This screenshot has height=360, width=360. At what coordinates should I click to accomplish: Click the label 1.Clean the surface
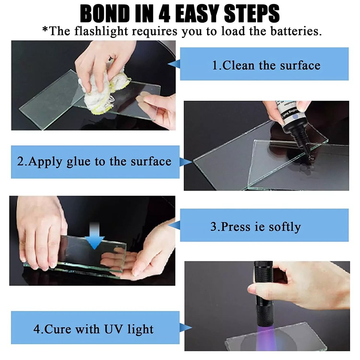click(x=266, y=65)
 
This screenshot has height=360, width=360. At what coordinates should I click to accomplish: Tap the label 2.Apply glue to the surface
click(x=94, y=162)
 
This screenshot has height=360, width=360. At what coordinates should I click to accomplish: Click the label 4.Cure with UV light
click(x=94, y=330)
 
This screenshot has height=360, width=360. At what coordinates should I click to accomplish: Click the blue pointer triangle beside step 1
click(x=174, y=65)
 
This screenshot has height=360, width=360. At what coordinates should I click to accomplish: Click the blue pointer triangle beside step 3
click(x=174, y=225)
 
